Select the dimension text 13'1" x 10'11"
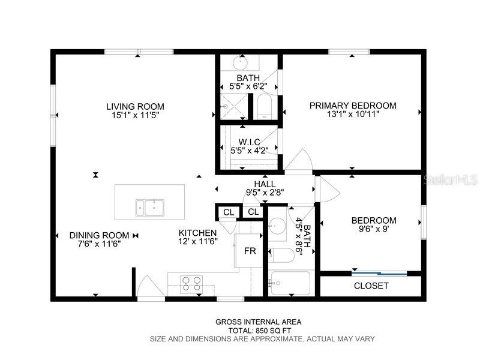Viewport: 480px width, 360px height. (x=353, y=115)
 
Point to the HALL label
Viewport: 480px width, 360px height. (x=265, y=184)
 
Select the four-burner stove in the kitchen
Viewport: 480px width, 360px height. (x=191, y=283)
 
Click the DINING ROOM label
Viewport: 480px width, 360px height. (x=99, y=235)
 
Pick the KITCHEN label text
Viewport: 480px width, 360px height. (x=197, y=233)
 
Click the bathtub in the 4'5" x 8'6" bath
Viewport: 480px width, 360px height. (x=290, y=283)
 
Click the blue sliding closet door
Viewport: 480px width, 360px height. (x=379, y=274)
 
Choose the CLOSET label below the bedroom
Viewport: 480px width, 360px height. (x=371, y=286)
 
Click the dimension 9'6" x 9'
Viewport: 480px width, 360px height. (x=373, y=229)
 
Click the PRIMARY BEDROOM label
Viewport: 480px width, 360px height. (x=353, y=106)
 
